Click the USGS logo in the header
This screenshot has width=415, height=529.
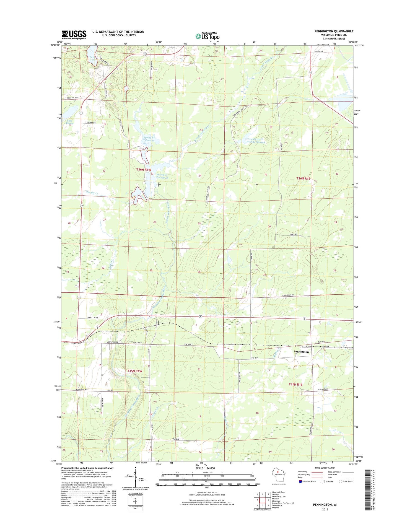74,35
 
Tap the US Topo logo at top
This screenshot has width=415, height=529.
207,36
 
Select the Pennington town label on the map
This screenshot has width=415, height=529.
301,352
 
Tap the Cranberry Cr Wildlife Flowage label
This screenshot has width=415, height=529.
256,141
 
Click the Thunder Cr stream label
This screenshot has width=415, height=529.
92,193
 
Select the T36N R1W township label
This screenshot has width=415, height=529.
144,170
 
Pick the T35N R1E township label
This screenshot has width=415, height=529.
295,384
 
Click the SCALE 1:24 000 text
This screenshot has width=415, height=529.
205,468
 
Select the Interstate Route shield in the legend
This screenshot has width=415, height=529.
300,482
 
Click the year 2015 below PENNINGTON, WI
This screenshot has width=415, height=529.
325,509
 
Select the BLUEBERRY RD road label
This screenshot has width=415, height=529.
323,390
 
